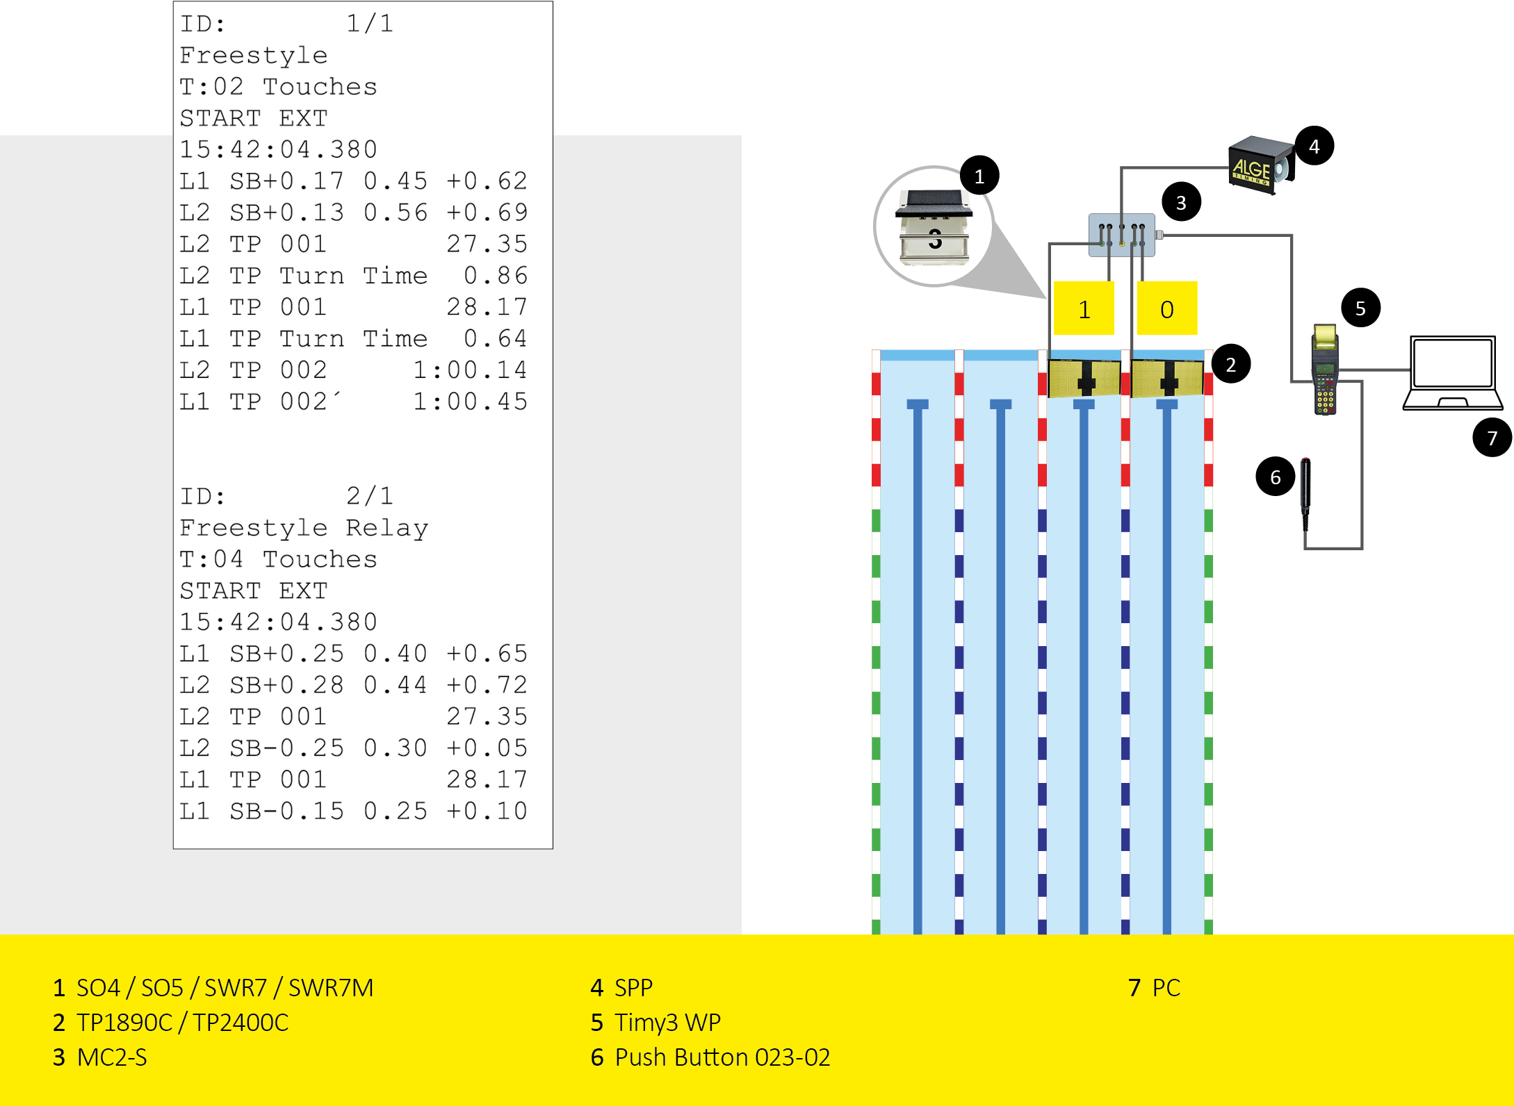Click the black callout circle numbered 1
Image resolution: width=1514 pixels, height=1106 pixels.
pos(979,176)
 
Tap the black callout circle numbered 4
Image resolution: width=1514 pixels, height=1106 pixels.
pos(1314,146)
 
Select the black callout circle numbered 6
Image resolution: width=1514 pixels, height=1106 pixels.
pos(1275,477)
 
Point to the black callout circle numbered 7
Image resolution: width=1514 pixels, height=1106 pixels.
pos(1491,438)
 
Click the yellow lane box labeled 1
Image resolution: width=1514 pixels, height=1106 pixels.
pos(1084,308)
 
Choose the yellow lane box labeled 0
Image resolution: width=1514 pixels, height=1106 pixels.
pos(1166,308)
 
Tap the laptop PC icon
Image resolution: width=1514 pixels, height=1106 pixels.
pos(1452,373)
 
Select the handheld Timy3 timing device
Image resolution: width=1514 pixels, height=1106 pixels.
pos(1325,370)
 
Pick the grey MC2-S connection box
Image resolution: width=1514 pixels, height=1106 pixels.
pos(1121,236)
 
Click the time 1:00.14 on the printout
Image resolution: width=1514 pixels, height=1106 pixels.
pos(470,370)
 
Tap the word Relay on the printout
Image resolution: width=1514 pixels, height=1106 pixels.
pos(387,528)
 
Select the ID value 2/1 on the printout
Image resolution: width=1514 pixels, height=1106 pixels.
pos(370,496)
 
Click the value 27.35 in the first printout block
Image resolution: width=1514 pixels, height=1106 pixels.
pos(487,245)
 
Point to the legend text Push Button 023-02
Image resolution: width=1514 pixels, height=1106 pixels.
pos(722,1057)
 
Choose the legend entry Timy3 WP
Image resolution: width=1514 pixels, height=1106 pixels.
pos(667,1023)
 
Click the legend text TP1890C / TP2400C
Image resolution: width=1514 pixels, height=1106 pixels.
pos(182,1023)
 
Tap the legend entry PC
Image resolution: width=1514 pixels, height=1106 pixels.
pos(1166,988)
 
